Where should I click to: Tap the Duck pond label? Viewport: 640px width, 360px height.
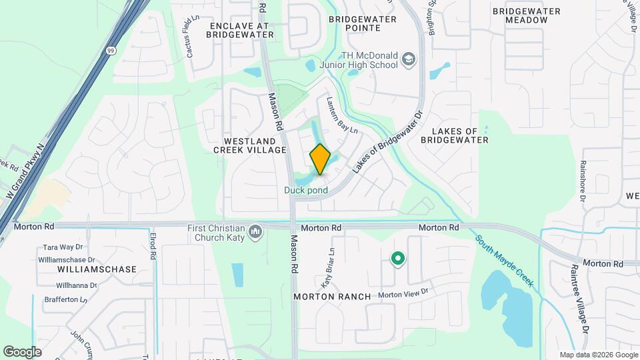(306, 191)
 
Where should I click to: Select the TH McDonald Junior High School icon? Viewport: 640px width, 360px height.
(408, 61)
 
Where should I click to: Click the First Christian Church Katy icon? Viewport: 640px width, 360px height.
(255, 232)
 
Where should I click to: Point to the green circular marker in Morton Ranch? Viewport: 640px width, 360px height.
(398, 258)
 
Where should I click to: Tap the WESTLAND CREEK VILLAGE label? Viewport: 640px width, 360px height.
(249, 146)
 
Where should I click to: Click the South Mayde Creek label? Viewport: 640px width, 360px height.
(504, 261)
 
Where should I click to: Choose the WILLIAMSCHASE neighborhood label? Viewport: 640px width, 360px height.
(97, 269)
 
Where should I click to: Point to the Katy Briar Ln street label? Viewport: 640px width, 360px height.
(327, 268)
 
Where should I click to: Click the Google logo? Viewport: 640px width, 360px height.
(22, 351)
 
